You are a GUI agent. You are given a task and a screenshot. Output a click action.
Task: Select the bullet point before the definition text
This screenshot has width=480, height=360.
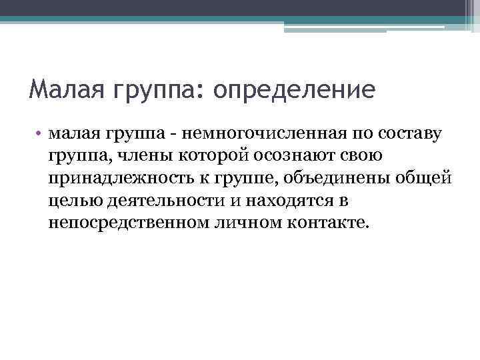click(x=40, y=135)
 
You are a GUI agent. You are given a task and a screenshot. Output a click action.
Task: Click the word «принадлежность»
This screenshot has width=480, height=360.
click(x=114, y=179)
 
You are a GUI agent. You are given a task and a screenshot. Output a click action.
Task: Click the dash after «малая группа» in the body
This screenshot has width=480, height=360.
click(x=173, y=136)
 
